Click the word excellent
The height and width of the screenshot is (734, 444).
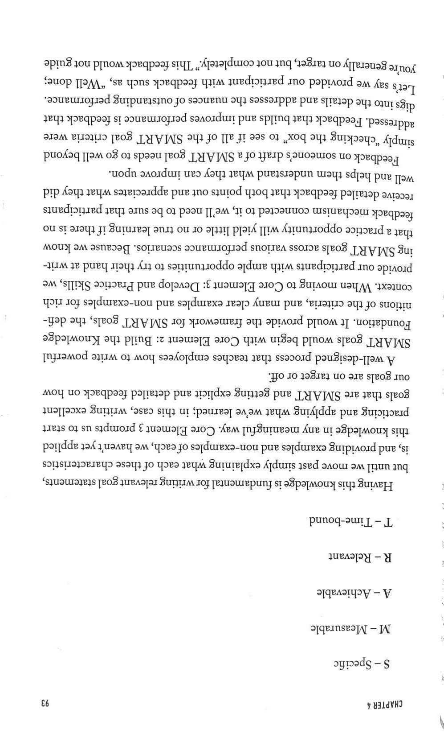click(67, 409)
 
